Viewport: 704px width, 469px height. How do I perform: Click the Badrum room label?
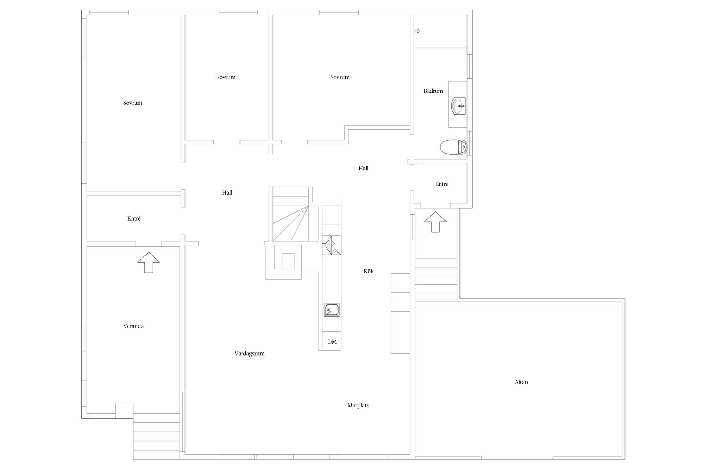pos(433,91)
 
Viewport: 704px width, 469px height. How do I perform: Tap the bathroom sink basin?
pos(458,106)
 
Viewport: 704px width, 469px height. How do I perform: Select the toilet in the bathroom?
pos(454,147)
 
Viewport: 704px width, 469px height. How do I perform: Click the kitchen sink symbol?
pos(332,310)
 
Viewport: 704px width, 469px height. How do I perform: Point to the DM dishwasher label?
pos(332,342)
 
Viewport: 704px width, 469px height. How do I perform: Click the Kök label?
pos(369,271)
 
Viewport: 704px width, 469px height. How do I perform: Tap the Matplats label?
pos(358,406)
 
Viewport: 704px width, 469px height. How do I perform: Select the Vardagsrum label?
pos(250,354)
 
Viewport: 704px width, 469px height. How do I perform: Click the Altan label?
pos(521,382)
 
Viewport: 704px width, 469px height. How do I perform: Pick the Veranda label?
pos(133,326)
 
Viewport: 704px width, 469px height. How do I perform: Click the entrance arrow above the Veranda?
pos(149,262)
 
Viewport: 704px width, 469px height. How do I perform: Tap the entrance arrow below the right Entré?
pos(435,222)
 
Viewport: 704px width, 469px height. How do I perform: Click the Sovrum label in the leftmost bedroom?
pos(133,103)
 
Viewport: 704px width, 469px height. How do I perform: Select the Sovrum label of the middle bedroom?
pos(226,77)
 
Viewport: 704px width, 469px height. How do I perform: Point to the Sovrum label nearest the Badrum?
pos(340,77)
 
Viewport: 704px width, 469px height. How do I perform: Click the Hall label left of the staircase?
pos(227,193)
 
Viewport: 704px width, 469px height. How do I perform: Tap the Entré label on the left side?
pos(134,218)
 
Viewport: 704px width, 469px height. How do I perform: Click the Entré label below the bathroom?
pos(442,184)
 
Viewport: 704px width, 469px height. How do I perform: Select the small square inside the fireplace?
pos(288,261)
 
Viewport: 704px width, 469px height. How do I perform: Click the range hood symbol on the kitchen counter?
pos(331,245)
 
